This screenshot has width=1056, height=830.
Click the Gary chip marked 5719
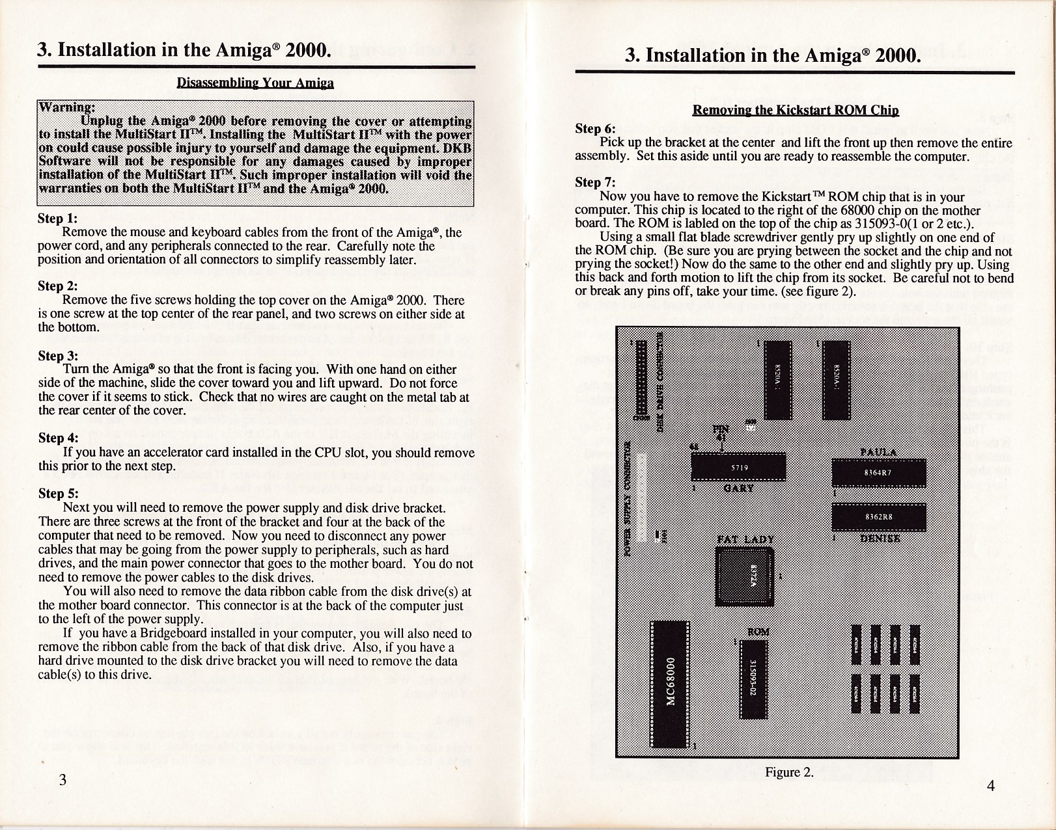click(x=738, y=467)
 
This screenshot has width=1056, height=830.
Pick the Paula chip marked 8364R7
click(x=878, y=473)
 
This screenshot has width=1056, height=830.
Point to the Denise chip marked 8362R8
click(x=878, y=517)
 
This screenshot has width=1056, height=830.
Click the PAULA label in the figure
click(x=878, y=453)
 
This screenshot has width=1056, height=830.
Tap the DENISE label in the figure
click(x=880, y=538)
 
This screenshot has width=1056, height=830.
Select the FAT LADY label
click(x=745, y=539)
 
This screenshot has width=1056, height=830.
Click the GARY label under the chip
click(x=738, y=488)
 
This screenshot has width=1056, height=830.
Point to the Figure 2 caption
click(x=789, y=772)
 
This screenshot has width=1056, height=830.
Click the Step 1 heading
click(x=58, y=219)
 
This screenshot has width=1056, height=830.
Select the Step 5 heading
click(x=58, y=494)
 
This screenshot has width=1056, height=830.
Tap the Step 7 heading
click(x=595, y=182)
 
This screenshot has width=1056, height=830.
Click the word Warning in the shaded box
click(x=68, y=107)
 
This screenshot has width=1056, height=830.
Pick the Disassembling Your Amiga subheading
click(x=255, y=83)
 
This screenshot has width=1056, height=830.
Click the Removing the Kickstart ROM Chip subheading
click(x=795, y=111)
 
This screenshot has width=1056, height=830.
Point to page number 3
click(x=63, y=780)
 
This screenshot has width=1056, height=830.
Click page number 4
click(x=990, y=786)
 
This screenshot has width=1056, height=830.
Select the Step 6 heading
click(x=595, y=129)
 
